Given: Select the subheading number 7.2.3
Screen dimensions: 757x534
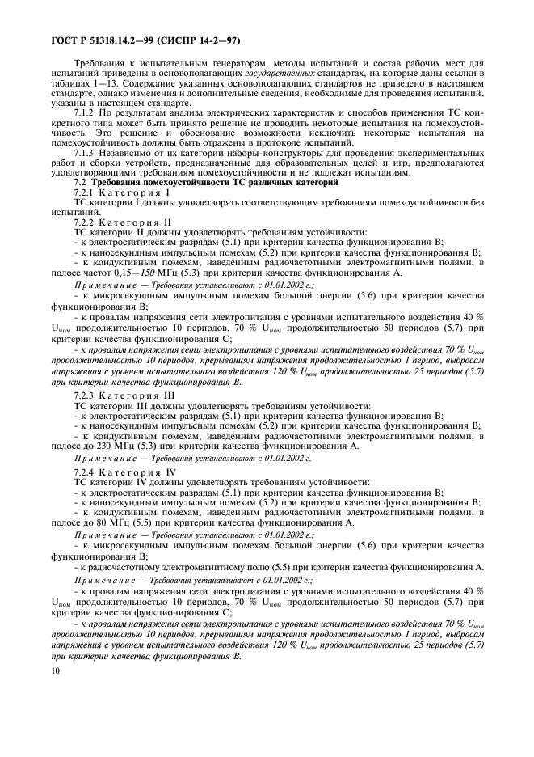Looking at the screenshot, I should tap(86, 395).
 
